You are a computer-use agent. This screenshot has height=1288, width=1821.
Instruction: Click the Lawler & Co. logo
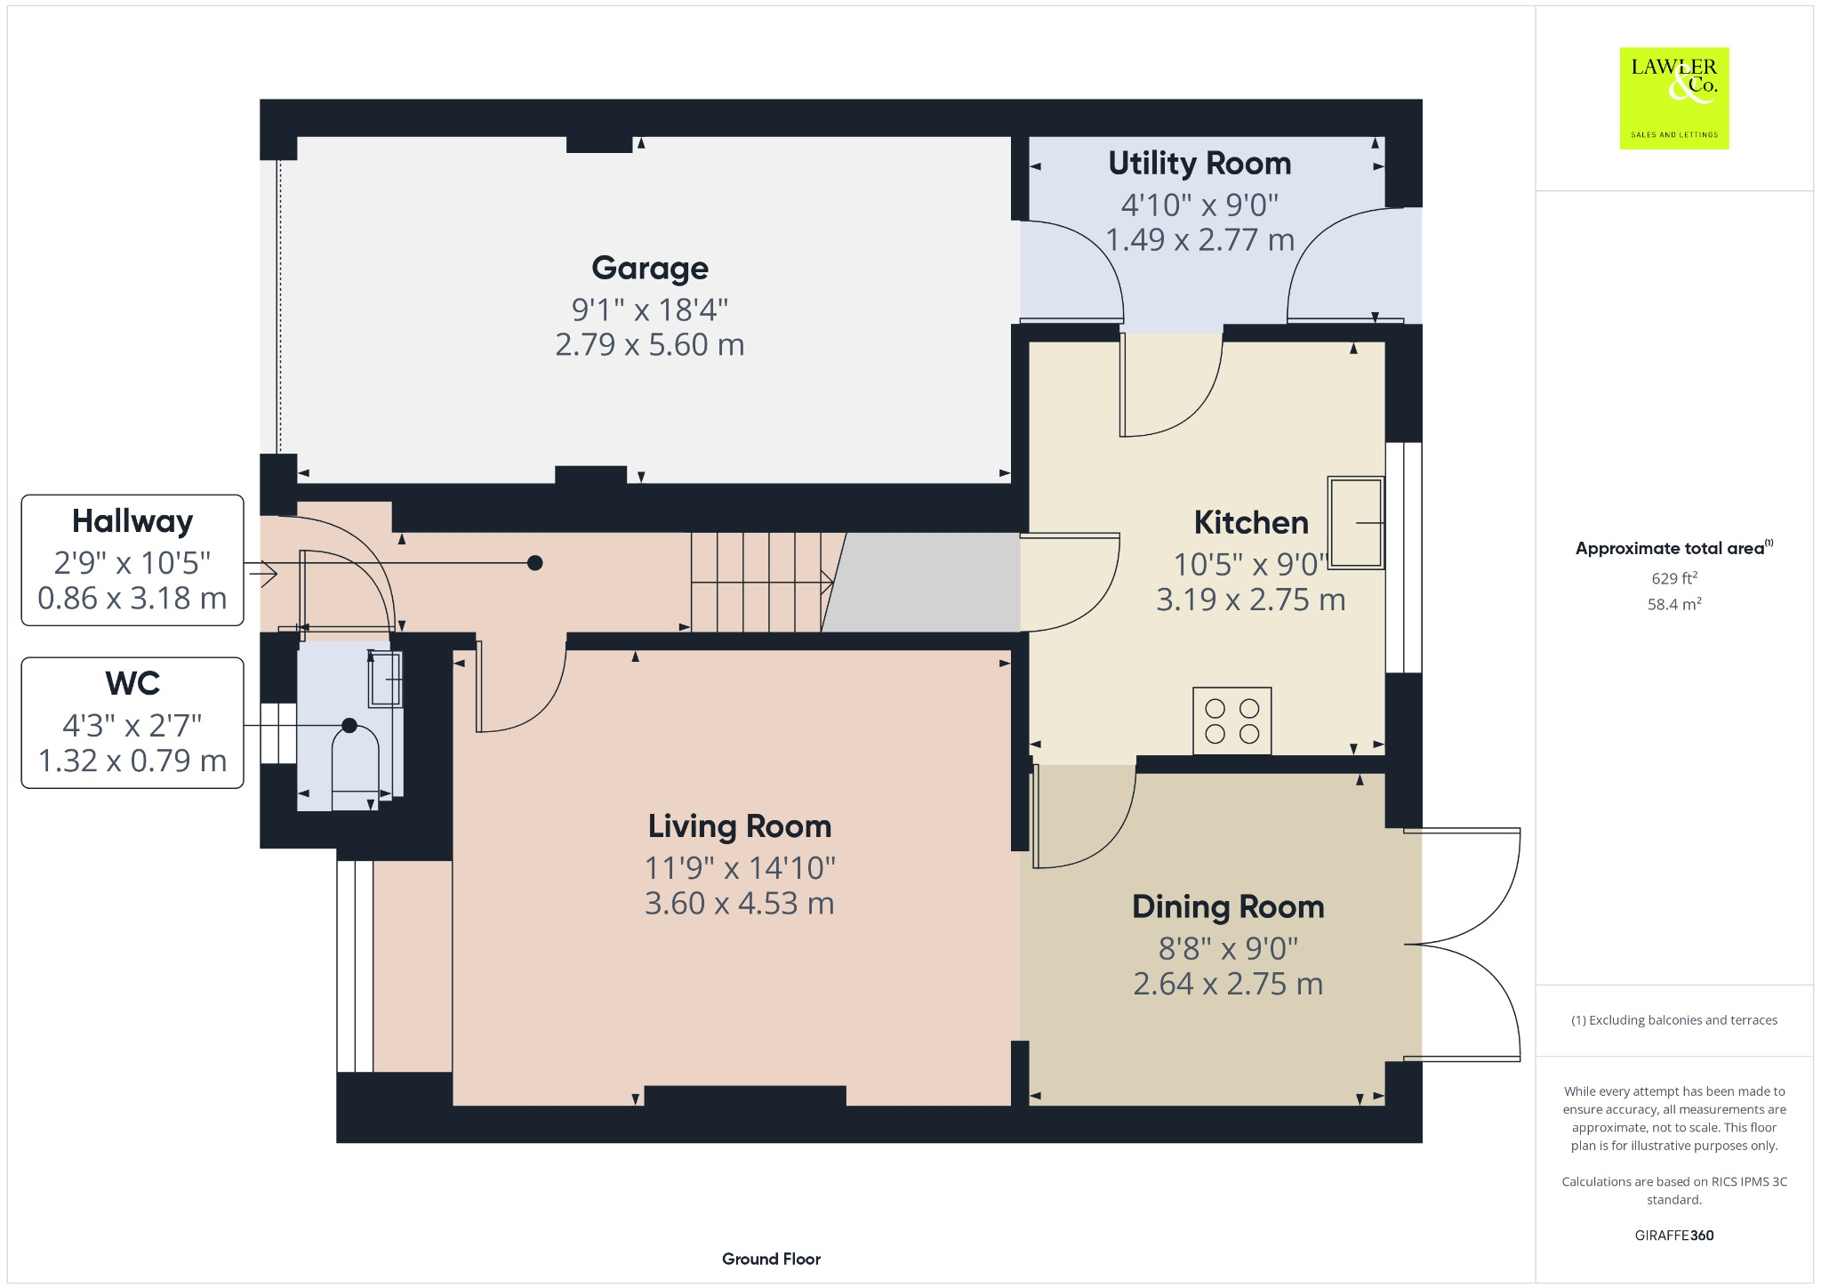click(1673, 98)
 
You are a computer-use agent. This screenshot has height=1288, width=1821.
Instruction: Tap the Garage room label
click(649, 268)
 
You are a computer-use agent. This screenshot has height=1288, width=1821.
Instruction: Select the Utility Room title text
click(1199, 164)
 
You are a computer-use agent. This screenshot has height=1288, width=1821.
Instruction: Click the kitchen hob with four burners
click(1231, 720)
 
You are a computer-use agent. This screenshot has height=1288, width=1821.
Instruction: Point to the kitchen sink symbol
click(1355, 523)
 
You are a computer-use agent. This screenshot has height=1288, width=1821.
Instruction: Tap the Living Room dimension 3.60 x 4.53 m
click(739, 904)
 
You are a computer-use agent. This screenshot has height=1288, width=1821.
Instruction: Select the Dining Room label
click(1228, 907)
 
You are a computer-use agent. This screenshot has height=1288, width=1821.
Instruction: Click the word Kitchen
click(1250, 523)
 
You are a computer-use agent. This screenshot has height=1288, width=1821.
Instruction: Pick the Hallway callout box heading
click(132, 521)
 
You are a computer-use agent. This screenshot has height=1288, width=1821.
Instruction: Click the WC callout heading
click(132, 684)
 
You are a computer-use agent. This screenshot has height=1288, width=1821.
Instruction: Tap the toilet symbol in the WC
click(355, 765)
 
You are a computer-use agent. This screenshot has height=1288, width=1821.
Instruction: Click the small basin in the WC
click(386, 679)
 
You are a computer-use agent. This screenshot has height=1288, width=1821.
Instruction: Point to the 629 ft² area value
click(1673, 578)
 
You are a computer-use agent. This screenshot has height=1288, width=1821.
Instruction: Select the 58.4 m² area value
click(1673, 605)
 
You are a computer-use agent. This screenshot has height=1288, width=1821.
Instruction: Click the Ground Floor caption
click(771, 1259)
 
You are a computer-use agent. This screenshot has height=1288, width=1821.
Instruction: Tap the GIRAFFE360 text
click(1673, 1236)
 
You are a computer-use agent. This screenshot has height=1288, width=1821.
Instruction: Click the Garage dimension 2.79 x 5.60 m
click(649, 345)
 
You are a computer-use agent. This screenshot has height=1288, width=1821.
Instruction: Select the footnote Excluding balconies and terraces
click(1673, 1020)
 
